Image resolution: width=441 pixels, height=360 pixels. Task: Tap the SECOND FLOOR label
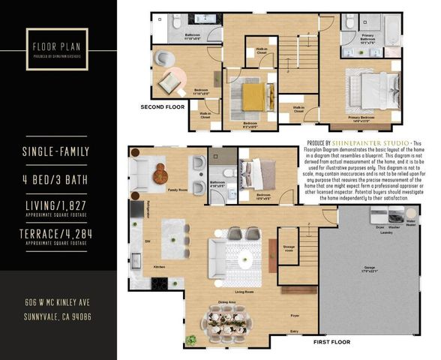[163, 107]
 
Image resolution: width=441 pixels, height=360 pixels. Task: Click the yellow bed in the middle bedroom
[253, 97]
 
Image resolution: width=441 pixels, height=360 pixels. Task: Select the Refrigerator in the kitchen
[136, 209]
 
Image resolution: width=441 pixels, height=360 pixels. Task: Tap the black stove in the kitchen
[159, 283]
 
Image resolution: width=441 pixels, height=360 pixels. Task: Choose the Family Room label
[178, 190]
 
